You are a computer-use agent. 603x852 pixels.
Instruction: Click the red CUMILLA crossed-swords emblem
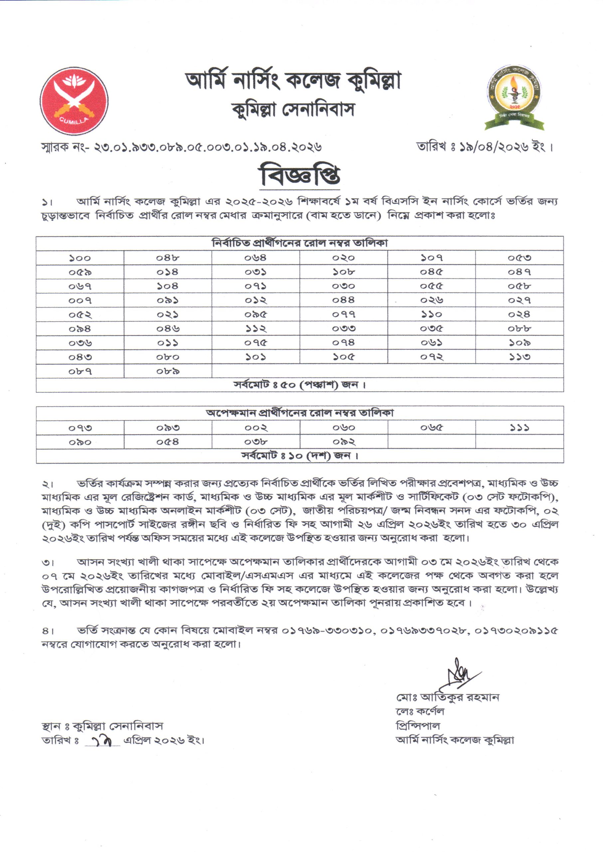(x=74, y=101)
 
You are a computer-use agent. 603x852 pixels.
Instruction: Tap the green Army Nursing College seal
(x=514, y=98)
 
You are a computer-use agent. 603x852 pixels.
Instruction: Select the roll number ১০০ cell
(x=80, y=258)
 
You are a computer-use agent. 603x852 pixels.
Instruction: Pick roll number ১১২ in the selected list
(x=256, y=329)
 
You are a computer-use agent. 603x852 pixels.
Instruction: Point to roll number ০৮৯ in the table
(x=168, y=371)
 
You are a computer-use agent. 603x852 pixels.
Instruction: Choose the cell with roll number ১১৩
(x=519, y=357)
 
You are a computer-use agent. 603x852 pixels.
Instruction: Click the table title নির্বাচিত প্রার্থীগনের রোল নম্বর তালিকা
(x=300, y=244)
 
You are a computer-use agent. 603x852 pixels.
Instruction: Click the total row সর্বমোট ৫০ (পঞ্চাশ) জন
(x=300, y=385)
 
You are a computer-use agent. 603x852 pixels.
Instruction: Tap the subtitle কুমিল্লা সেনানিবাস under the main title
(x=293, y=110)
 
